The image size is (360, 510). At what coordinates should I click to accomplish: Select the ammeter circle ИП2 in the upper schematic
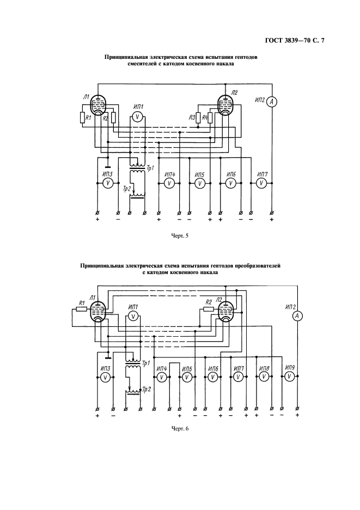(x=274, y=101)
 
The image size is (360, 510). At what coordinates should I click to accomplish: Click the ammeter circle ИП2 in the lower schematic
(x=297, y=316)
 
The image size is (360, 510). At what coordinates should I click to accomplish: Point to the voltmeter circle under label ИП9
(x=289, y=376)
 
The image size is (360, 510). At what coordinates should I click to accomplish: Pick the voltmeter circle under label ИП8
(x=264, y=376)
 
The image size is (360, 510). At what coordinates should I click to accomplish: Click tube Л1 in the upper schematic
(x=97, y=104)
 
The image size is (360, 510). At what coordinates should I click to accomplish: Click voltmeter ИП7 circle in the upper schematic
(x=261, y=183)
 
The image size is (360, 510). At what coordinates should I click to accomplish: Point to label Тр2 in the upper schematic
(x=126, y=189)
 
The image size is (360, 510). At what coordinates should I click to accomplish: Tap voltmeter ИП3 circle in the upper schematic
(x=108, y=183)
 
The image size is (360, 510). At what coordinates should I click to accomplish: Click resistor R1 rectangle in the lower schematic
(x=81, y=309)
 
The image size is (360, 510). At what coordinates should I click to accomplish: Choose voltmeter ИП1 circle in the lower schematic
(x=132, y=315)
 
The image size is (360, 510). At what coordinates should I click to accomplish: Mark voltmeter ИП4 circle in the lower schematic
(x=162, y=377)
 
